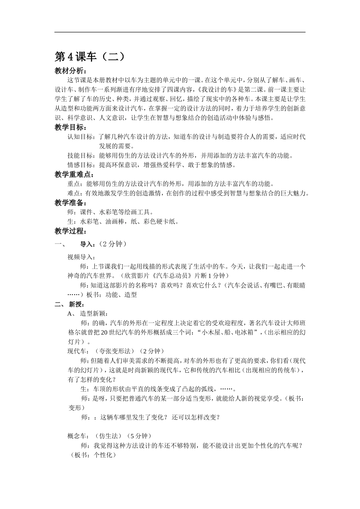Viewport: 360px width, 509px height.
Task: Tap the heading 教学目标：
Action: (x=70, y=128)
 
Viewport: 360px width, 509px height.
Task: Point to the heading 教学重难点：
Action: (x=74, y=175)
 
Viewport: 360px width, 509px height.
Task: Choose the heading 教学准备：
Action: (x=70, y=203)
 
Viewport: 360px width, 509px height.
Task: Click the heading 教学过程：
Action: (x=70, y=231)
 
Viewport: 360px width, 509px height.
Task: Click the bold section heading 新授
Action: (x=75, y=304)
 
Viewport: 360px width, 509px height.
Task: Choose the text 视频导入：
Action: (x=81, y=257)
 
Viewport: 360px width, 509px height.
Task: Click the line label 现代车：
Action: (x=78, y=351)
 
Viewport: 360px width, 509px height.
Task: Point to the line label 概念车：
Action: (x=78, y=436)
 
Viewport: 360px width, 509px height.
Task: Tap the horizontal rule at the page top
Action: (x=180, y=32)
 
